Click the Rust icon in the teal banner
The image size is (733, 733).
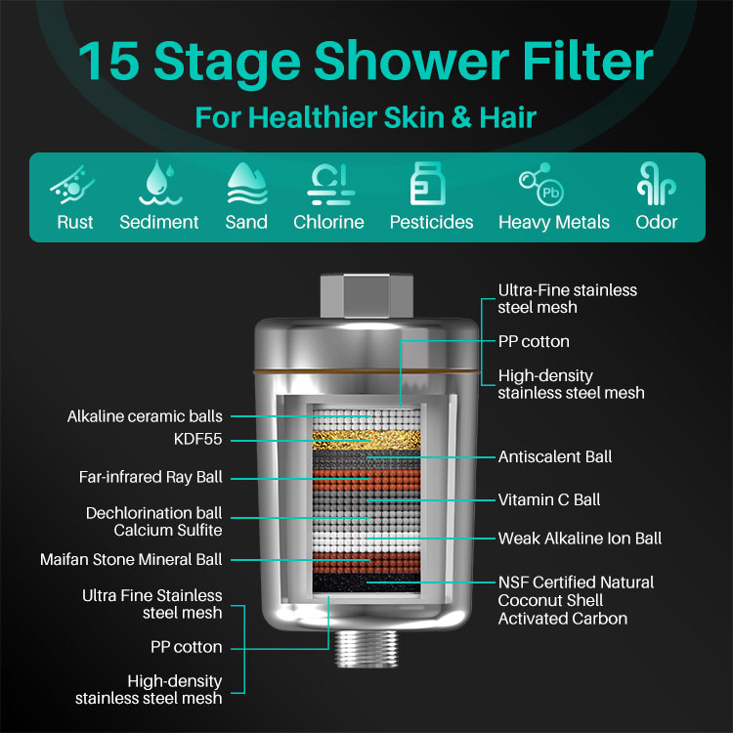(x=72, y=185)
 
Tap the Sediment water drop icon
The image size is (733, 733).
(x=159, y=183)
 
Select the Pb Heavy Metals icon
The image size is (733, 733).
(x=541, y=184)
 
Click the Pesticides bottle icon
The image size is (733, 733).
(x=427, y=184)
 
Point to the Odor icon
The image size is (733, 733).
(x=657, y=184)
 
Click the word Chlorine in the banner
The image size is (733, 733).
(x=328, y=222)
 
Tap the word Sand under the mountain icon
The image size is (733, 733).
(x=246, y=222)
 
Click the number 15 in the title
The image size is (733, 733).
(x=108, y=61)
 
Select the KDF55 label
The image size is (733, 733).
(x=197, y=439)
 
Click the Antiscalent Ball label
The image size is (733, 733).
(x=555, y=456)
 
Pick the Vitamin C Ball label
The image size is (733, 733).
(x=549, y=499)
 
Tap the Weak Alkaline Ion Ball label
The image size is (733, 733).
(x=580, y=539)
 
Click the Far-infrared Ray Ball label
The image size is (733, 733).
(x=151, y=477)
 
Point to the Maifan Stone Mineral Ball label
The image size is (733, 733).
(x=131, y=560)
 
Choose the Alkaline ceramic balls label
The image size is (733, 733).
(x=145, y=416)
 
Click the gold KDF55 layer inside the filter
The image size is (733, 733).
(x=366, y=441)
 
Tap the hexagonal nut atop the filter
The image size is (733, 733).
(x=366, y=296)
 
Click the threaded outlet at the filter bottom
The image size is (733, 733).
(x=366, y=648)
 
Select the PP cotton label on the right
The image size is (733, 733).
(x=534, y=342)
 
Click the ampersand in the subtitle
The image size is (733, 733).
(x=461, y=117)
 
